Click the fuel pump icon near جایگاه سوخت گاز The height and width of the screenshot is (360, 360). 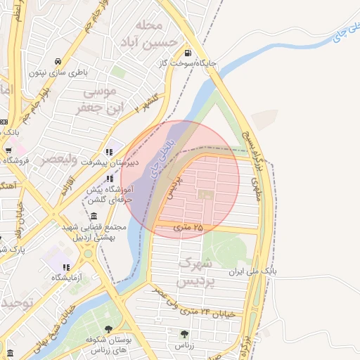coord(186,53)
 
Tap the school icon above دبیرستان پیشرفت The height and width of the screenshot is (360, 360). coord(109,152)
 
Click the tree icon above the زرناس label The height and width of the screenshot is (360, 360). coord(184,335)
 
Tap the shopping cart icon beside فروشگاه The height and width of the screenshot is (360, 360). coord(8,150)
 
